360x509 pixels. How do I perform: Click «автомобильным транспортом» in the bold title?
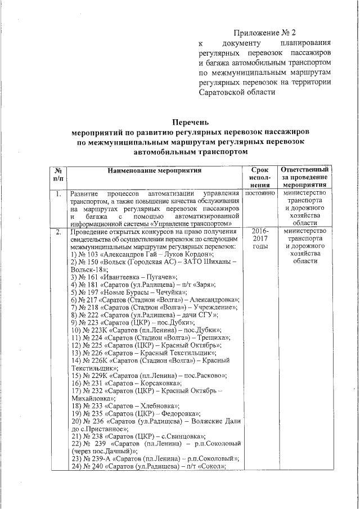click(x=191, y=151)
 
